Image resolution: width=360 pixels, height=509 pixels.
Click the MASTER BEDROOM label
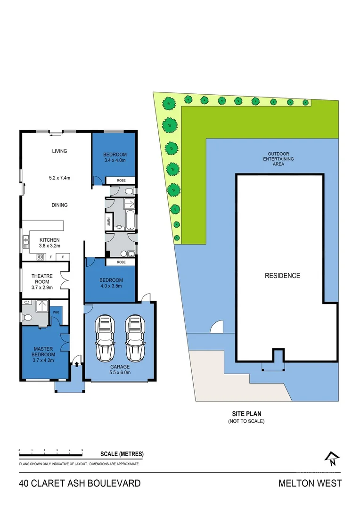(x=44, y=351)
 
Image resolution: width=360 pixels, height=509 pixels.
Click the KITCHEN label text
(x=49, y=240)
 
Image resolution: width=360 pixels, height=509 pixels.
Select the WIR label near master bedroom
(x=55, y=312)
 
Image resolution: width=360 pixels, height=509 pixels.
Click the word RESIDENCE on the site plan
(x=282, y=276)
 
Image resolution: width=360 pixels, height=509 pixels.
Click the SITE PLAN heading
(x=246, y=414)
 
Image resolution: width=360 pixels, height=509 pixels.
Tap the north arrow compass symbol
(x=332, y=459)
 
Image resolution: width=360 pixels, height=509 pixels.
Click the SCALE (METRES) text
(x=122, y=454)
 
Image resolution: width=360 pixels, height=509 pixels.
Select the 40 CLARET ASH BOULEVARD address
(x=80, y=483)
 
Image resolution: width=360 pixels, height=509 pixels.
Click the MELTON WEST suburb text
(x=310, y=483)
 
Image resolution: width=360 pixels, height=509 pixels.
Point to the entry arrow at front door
(x=76, y=364)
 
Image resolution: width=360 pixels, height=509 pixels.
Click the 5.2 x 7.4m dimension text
(x=59, y=178)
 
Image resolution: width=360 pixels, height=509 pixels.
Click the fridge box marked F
(x=50, y=257)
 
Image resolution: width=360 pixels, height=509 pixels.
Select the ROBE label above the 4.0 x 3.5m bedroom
(x=121, y=262)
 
